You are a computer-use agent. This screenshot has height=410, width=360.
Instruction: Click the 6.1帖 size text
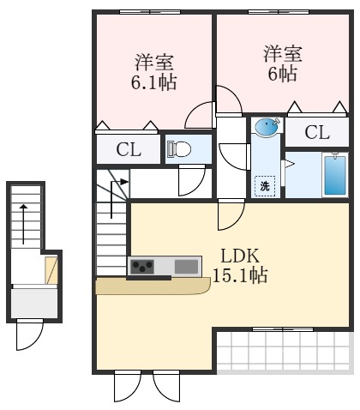pyautogui.click(x=153, y=82)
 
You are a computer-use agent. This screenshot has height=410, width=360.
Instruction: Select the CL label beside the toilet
pyautogui.click(x=129, y=150)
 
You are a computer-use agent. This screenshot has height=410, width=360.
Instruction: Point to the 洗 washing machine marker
pyautogui.click(x=265, y=185)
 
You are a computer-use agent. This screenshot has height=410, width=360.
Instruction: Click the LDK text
pyautogui.click(x=241, y=256)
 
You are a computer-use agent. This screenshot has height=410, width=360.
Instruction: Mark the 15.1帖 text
pyautogui.click(x=241, y=275)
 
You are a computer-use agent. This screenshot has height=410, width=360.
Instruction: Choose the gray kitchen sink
pyautogui.click(x=186, y=267)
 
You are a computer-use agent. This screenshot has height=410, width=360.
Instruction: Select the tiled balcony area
pyautogui.click(x=282, y=351)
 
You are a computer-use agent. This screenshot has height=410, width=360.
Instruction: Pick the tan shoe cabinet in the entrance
pyautogui.click(x=51, y=269)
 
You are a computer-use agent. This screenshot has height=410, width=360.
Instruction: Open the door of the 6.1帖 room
pyautogui.click(x=201, y=116)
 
